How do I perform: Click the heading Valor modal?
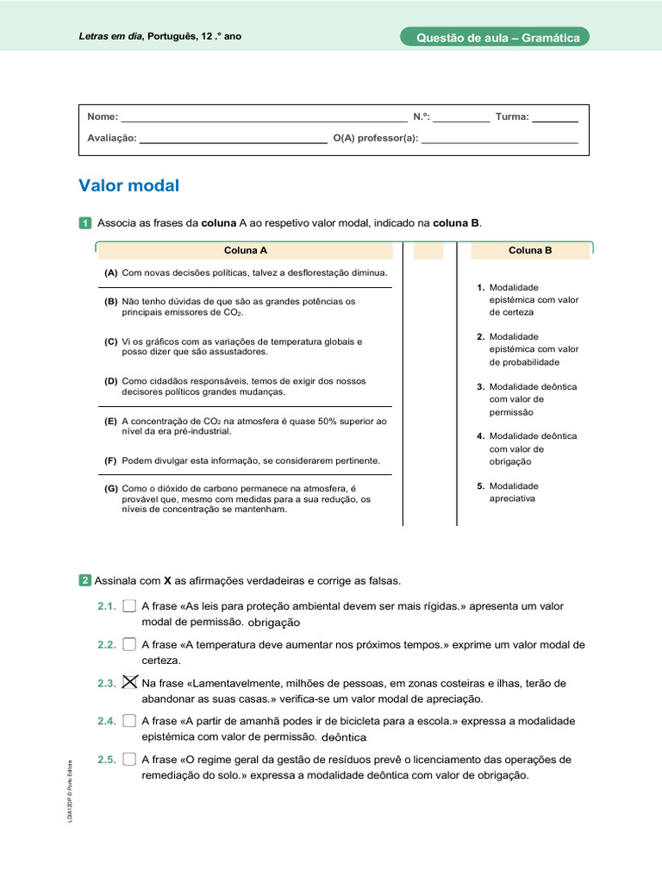pos(128,186)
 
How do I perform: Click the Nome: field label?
pos(103,116)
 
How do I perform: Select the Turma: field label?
pos(512,116)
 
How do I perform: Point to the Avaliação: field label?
pos(111,137)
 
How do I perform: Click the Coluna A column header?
pos(246,250)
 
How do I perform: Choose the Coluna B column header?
pos(530,250)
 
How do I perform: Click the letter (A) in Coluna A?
pos(111,272)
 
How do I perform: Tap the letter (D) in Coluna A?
pos(111,380)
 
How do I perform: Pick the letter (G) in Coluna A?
pos(111,488)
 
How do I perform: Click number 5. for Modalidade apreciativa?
pos(480,486)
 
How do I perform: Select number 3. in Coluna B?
pos(480,387)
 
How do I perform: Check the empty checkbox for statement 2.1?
pos(129,606)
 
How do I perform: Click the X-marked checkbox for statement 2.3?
pos(129,682)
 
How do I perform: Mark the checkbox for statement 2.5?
pos(129,759)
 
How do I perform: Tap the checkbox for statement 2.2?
pos(129,644)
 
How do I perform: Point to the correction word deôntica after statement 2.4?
pos(343,737)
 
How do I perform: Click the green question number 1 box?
pos(84,223)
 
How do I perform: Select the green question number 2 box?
pos(84,580)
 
